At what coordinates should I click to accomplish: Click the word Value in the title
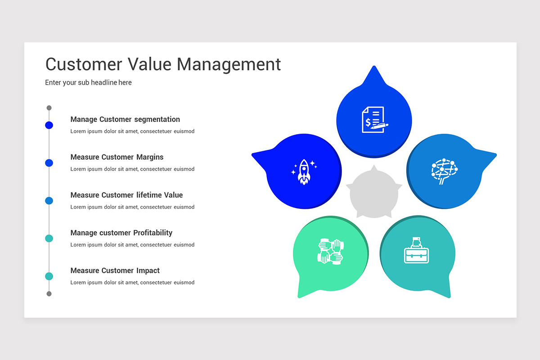[149, 64]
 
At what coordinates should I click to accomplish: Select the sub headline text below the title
[88, 82]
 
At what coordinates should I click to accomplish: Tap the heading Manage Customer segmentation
[125, 119]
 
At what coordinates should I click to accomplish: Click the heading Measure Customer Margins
[117, 157]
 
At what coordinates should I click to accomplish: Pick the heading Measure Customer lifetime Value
[126, 195]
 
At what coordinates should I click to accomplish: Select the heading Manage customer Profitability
[121, 233]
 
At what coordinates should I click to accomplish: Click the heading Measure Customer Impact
[115, 270]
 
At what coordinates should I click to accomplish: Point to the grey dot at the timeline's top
[49, 108]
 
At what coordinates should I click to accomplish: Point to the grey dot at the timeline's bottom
[49, 294]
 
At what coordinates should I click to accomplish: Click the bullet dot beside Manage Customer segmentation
[49, 125]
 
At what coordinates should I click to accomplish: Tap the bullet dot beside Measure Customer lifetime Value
[49, 201]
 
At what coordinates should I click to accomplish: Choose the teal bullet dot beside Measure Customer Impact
[49, 276]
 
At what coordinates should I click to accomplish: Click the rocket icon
[304, 172]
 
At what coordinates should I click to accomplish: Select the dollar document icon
[375, 120]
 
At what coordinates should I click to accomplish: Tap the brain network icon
[445, 171]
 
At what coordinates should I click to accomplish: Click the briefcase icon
[416, 250]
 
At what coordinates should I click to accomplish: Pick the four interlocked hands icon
[330, 252]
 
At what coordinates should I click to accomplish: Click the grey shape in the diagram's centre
[374, 193]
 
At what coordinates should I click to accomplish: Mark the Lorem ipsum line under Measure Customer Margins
[132, 169]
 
